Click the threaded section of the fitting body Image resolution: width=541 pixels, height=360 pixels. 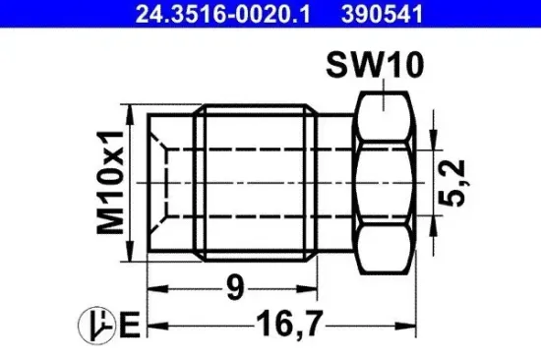pyautogui.click(x=257, y=183)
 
